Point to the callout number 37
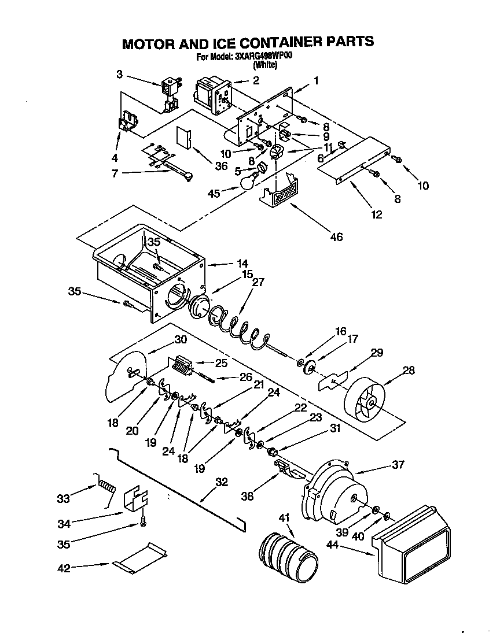pos(398,465)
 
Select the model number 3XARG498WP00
pos(264,57)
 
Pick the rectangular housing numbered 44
pos(411,543)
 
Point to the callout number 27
pos(258,282)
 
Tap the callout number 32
pos(221,482)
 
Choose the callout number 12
pos(377,215)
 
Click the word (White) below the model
pos(265,65)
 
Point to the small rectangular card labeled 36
pos(185,136)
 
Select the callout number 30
pos(181,339)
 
